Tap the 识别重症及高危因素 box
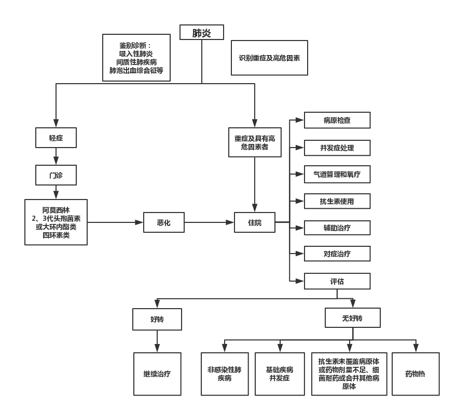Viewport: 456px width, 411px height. click(270, 58)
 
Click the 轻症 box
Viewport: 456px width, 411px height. click(56, 137)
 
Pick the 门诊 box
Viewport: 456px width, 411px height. click(56, 175)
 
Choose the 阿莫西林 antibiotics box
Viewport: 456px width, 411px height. click(56, 222)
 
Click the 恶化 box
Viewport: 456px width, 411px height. click(163, 222)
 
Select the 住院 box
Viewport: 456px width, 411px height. click(254, 222)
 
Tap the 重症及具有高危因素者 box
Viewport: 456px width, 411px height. click(254, 142)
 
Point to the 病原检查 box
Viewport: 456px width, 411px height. click(337, 120)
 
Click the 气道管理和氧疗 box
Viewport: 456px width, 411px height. click(337, 174)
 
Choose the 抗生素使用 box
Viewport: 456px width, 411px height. click(337, 201)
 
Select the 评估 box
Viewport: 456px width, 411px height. click(337, 281)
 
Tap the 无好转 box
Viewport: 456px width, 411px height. click(353, 317)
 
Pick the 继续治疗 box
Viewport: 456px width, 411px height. click(157, 373)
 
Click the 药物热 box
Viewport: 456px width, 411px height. click(415, 373)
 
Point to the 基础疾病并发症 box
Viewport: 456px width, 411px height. click(279, 373)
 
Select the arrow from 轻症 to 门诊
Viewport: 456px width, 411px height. click(56, 156)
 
